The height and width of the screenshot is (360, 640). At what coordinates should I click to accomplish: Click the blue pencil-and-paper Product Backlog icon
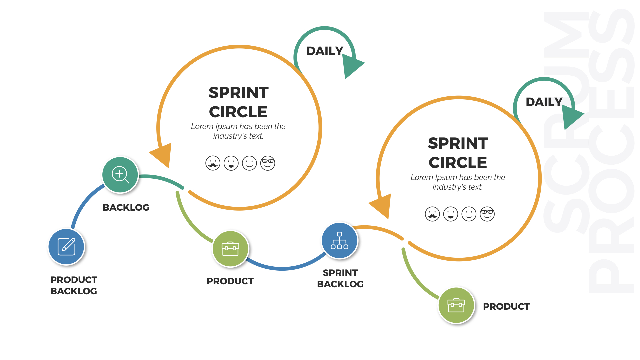point(66,247)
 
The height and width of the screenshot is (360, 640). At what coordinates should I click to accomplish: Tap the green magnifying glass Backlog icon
point(120,175)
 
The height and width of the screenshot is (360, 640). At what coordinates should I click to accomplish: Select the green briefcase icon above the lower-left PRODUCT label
point(230,249)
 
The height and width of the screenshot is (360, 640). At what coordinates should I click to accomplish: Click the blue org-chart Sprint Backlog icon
point(339,241)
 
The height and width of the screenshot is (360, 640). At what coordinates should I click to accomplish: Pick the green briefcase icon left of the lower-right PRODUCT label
point(456,305)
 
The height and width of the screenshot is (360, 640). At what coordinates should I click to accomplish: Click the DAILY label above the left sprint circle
point(325,51)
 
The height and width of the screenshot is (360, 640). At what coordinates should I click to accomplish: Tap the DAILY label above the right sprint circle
point(544,102)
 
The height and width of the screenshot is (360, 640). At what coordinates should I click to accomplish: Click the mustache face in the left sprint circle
point(213,163)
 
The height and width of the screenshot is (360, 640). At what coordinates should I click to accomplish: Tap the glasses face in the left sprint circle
point(268,163)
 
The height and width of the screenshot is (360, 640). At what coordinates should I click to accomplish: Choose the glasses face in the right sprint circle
point(487,214)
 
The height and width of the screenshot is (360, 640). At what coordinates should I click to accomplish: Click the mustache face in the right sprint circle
point(432,214)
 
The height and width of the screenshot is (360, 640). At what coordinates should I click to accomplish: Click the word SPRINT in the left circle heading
point(238,93)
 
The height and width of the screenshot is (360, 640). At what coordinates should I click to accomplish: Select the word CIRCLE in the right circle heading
point(458,163)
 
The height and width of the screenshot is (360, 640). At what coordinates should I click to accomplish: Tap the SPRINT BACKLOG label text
point(340,278)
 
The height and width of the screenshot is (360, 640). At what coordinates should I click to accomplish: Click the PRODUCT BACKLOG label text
point(74,285)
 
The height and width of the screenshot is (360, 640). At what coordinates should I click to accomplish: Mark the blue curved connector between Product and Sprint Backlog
point(283,268)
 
